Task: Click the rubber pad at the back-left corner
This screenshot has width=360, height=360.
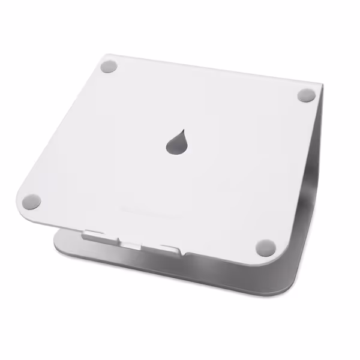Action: point(108,67)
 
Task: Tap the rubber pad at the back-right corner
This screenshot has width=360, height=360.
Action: point(306,95)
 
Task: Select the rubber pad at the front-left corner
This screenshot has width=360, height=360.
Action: point(33,202)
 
